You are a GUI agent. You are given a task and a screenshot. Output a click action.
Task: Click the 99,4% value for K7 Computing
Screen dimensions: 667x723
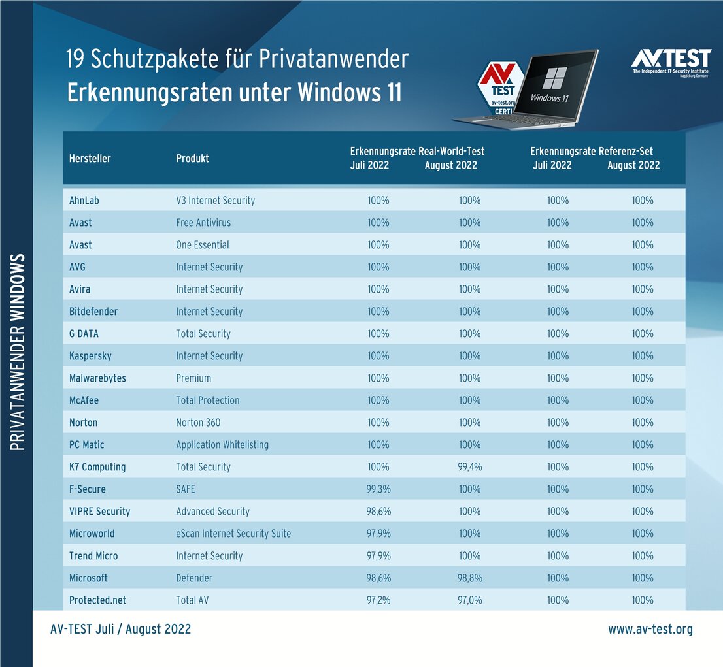click(x=469, y=467)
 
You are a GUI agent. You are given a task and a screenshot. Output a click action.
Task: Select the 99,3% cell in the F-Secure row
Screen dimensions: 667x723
click(x=378, y=489)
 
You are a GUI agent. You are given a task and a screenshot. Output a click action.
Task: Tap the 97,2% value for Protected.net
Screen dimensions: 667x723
click(x=378, y=600)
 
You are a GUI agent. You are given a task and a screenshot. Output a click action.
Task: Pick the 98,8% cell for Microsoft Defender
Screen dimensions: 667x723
click(x=469, y=578)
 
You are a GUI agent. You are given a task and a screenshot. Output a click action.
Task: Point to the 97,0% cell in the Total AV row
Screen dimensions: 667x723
click(x=469, y=600)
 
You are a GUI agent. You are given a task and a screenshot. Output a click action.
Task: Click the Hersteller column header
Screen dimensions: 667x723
click(x=90, y=159)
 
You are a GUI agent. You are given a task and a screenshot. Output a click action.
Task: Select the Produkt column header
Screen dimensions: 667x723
click(x=192, y=159)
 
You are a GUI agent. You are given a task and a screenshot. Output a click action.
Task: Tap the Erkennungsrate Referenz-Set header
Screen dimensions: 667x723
click(x=592, y=152)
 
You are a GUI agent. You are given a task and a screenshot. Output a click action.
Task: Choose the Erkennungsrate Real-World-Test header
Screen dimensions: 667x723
click(x=417, y=152)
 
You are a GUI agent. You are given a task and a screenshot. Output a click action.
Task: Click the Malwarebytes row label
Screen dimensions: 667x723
click(x=97, y=378)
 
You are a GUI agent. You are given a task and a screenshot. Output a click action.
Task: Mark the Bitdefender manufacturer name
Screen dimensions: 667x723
click(x=93, y=312)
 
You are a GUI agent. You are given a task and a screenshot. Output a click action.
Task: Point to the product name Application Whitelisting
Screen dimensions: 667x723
click(x=222, y=445)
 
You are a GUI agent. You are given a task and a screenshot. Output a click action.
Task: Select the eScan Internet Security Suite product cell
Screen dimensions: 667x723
click(x=233, y=534)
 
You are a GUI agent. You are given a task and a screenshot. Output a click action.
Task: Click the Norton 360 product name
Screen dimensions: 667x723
click(x=198, y=423)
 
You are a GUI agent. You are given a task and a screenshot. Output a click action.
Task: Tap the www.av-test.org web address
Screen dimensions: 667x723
click(x=650, y=629)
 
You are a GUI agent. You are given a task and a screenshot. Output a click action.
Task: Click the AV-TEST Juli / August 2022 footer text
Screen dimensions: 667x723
click(x=120, y=629)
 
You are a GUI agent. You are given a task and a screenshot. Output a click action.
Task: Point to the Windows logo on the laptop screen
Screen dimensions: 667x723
click(x=554, y=78)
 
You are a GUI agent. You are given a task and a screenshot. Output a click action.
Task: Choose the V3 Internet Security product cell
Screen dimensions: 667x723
click(x=215, y=201)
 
